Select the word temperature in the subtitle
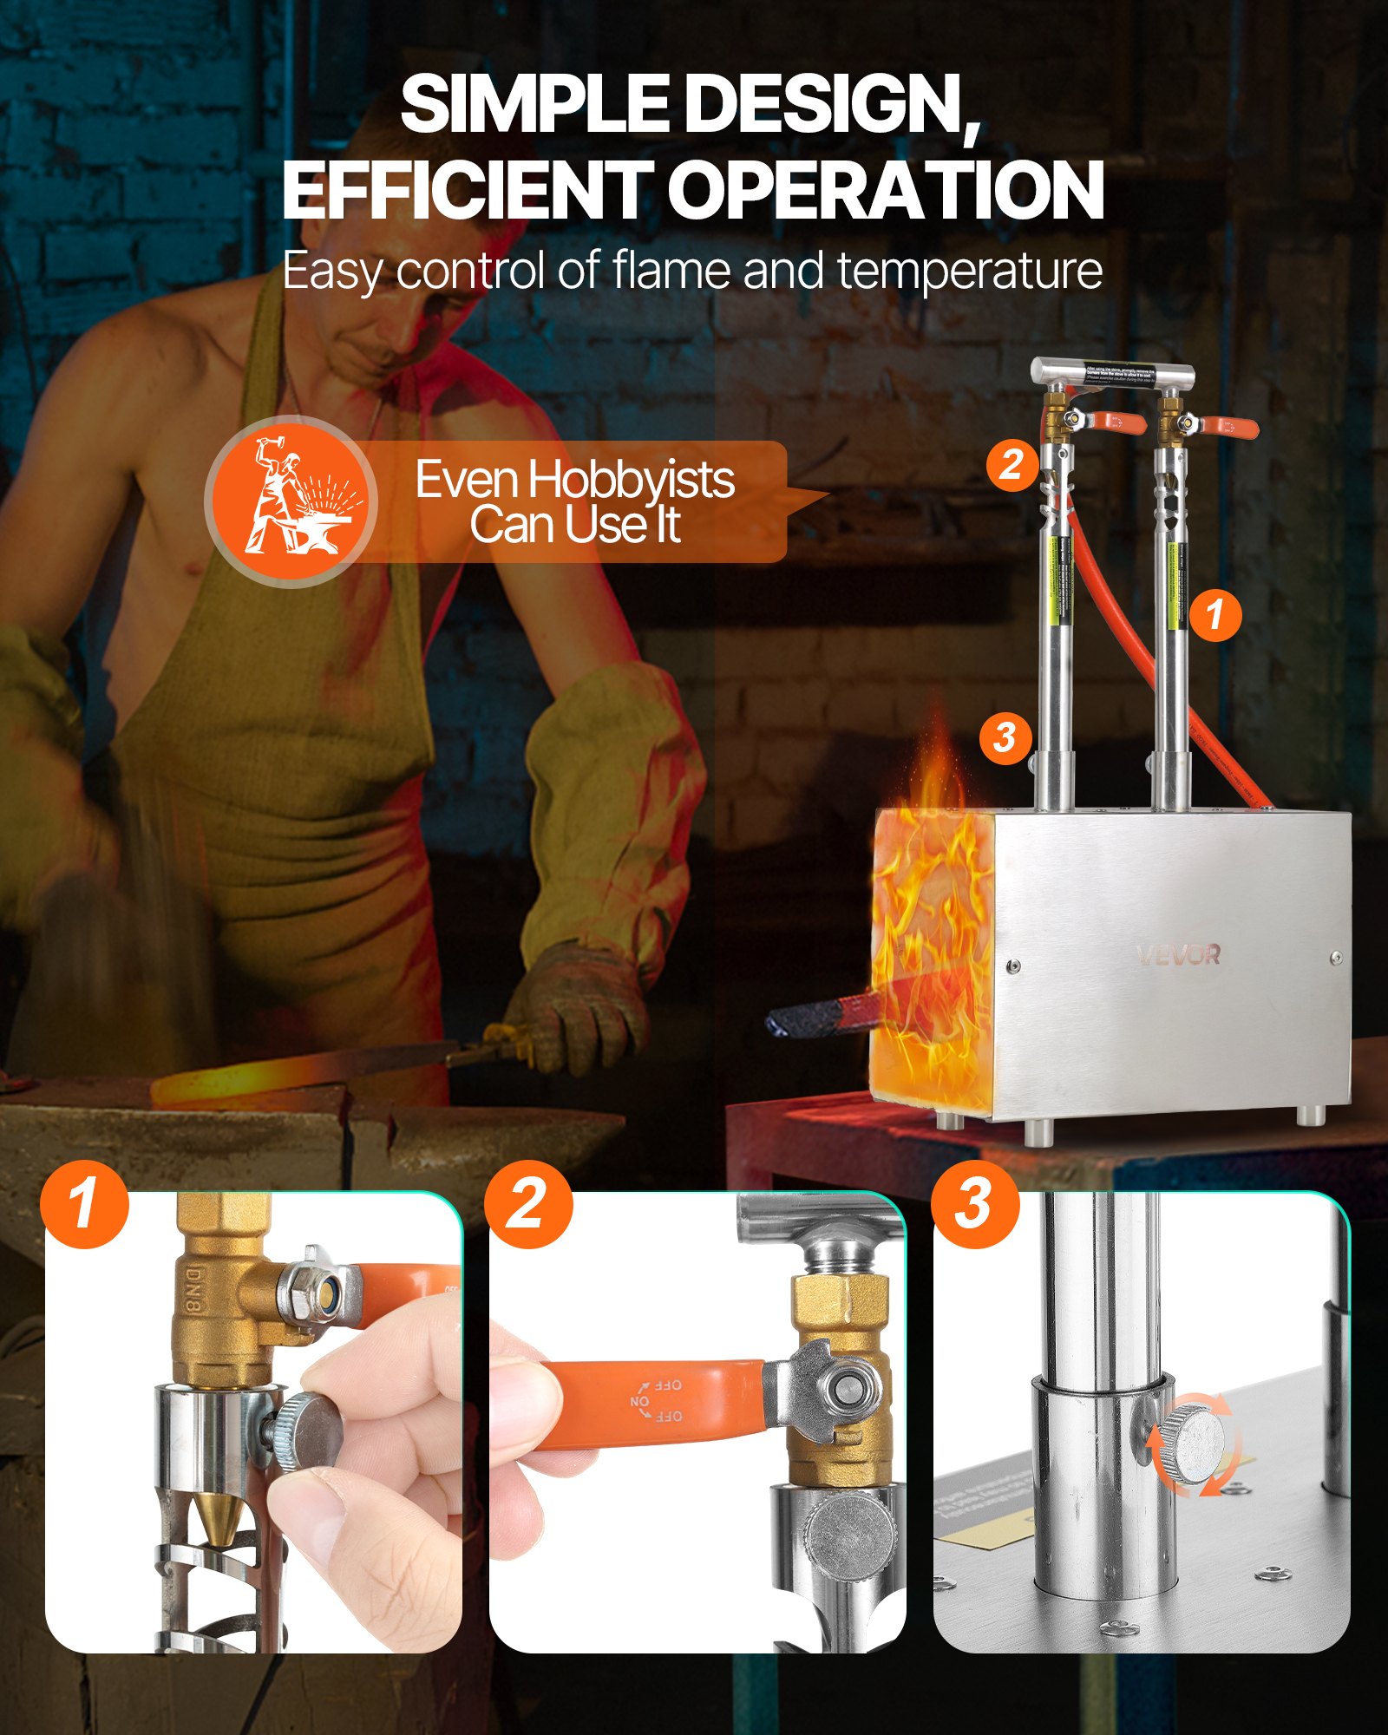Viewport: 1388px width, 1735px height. (970, 271)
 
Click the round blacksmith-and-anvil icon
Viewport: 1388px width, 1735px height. (291, 501)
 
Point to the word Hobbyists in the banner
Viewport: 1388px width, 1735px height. (632, 480)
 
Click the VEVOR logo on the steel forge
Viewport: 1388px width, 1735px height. (1178, 955)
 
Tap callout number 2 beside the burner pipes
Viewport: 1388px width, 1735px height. (1012, 465)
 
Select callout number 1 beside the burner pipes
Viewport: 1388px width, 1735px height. (1215, 615)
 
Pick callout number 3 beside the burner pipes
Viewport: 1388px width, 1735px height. (1005, 738)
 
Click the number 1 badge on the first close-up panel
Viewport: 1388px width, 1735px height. (84, 1204)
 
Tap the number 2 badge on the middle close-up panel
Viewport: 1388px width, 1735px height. (528, 1204)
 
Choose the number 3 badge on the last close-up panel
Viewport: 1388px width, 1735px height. (974, 1204)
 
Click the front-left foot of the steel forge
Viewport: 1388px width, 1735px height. (1038, 1131)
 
